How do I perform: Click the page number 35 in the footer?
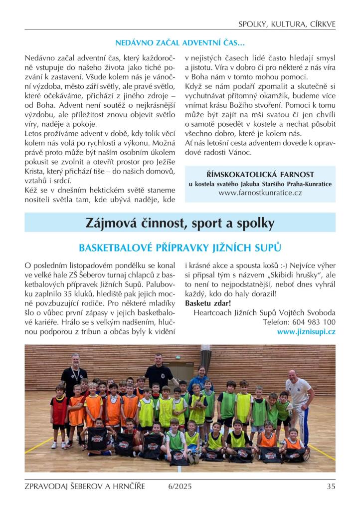pyautogui.click(x=331, y=487)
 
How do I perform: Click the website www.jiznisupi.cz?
pyautogui.click(x=306, y=332)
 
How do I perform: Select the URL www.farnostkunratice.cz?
pyautogui.click(x=260, y=193)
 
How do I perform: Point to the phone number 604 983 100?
pyautogui.click(x=317, y=322)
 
